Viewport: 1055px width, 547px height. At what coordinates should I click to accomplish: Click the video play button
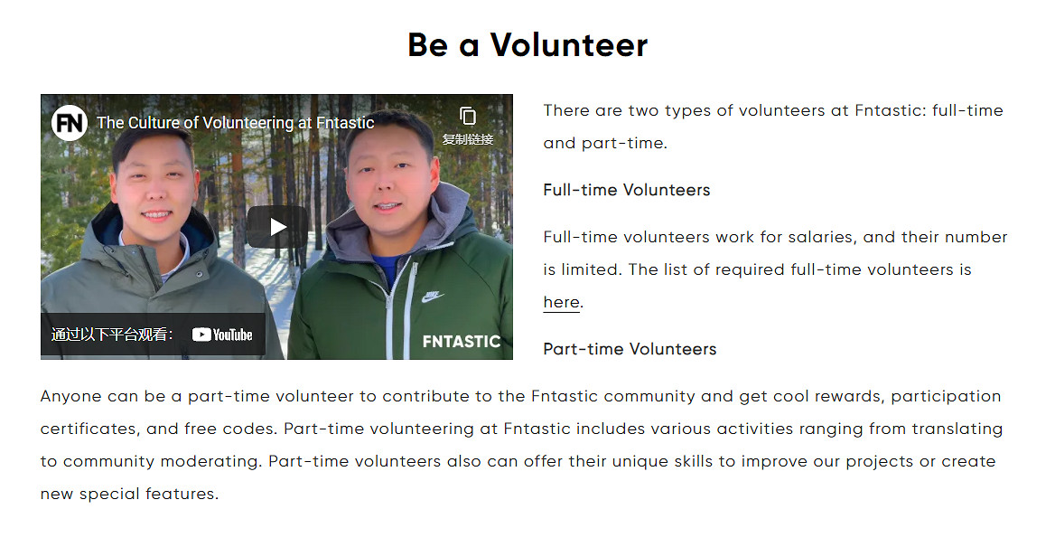point(277,227)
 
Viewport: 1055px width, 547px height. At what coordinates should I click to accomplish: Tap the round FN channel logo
point(70,123)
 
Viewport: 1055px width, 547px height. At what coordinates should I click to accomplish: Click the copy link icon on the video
point(468,117)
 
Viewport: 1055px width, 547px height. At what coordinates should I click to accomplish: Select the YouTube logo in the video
point(222,335)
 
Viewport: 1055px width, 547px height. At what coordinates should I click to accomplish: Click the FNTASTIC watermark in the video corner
point(462,342)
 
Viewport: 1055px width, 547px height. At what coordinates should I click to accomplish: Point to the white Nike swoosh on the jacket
point(434,296)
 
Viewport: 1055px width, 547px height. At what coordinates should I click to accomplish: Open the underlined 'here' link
point(561,303)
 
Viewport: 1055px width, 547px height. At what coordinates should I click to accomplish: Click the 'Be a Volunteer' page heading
point(527,45)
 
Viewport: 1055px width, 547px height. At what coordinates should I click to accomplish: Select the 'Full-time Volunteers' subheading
point(627,190)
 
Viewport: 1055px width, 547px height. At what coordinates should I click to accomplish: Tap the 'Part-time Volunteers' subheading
point(630,349)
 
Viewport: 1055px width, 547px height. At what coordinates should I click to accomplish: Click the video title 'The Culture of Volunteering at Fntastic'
point(236,123)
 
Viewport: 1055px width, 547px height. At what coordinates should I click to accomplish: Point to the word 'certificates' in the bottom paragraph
point(90,429)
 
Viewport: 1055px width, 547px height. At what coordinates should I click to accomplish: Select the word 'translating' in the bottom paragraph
point(957,429)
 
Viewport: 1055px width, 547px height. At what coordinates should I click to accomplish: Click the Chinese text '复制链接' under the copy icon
point(468,139)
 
